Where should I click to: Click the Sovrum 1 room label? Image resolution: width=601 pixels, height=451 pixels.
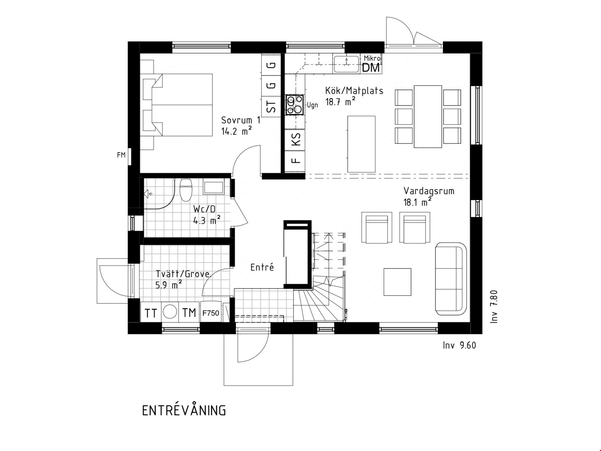coord(241,120)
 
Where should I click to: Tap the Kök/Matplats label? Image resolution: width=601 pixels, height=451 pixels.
coord(354,91)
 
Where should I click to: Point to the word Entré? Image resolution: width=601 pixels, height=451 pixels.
coord(262,267)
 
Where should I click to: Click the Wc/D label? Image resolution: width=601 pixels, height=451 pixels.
coord(204,209)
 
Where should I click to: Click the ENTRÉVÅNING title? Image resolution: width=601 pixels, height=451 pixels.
coord(184,410)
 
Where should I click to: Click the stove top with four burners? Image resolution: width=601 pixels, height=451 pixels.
coord(295,105)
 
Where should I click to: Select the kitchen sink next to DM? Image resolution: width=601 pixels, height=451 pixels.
coord(346,64)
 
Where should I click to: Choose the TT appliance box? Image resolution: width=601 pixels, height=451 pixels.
coord(151,312)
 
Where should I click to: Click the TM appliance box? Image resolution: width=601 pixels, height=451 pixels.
coord(189,312)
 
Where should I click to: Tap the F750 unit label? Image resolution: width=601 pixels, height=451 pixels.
coord(211,313)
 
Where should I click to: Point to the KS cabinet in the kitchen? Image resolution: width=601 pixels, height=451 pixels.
coord(296,139)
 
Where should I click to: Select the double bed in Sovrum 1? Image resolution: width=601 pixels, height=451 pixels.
coord(178,105)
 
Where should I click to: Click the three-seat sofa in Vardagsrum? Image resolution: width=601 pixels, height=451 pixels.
coord(451,279)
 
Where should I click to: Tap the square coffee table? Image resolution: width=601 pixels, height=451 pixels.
coord(397,282)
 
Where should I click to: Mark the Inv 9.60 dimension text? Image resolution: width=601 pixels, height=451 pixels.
coord(459,345)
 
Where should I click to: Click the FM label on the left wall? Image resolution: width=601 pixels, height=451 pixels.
coord(121,155)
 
